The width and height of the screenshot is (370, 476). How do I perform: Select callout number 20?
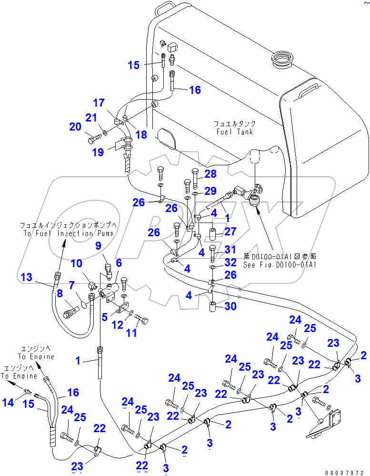point(75,126)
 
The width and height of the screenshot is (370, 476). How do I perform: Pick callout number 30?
point(230,307)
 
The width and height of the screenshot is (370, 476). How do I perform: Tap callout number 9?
point(99,246)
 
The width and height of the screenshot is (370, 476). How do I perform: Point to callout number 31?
point(230,249)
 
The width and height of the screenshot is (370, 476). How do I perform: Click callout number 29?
point(210,191)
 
